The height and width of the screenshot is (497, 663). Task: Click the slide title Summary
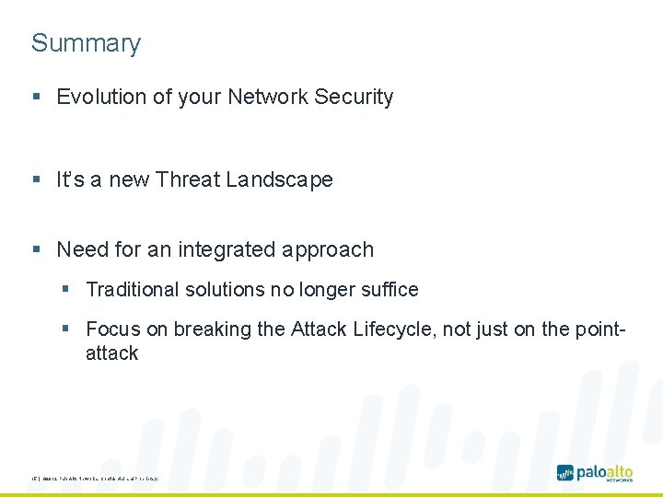[86, 43]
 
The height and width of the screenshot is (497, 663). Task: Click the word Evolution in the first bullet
[97, 98]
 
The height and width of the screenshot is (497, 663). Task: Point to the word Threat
[188, 180]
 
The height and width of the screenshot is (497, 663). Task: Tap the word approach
[328, 250]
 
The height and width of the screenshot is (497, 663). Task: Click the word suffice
[390, 290]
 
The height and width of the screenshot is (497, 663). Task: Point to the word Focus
[111, 329]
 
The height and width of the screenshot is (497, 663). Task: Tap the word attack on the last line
[111, 353]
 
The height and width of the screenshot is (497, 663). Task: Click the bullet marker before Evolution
[37, 98]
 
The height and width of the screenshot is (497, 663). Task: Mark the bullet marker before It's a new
[37, 180]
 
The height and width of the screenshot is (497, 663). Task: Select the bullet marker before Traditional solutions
[67, 290]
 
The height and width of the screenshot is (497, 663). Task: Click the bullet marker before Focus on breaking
[67, 329]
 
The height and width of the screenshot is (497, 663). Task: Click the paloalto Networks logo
[595, 473]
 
